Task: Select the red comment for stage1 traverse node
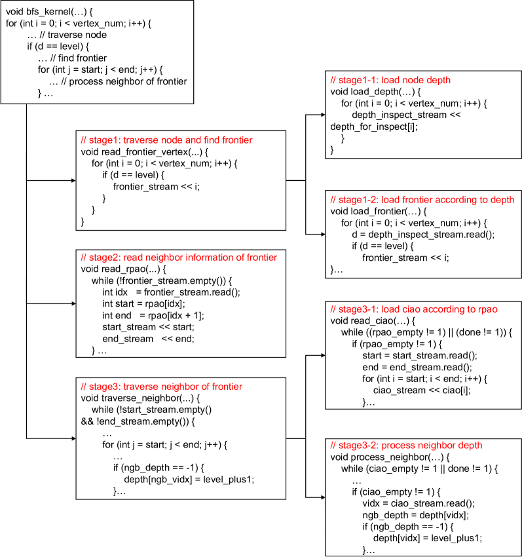tap(166, 140)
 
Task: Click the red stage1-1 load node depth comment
tap(391, 80)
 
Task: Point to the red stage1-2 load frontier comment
tap(422, 199)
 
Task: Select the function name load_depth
tap(376, 92)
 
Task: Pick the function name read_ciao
tap(374, 320)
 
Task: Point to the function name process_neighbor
tap(389, 457)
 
